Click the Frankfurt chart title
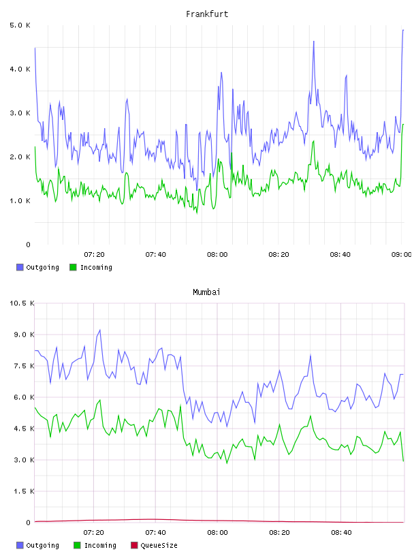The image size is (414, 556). (x=207, y=14)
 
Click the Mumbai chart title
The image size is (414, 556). (x=206, y=292)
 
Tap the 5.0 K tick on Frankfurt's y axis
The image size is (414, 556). (x=20, y=25)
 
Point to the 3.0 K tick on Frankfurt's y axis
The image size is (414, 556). (x=20, y=113)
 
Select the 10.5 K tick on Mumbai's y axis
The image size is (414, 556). (x=22, y=303)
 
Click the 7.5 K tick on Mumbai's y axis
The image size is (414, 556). (x=24, y=366)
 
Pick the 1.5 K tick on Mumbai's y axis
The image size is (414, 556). (x=24, y=491)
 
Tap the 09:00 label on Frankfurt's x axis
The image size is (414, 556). (x=401, y=255)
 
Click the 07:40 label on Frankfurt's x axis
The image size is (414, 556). (x=156, y=255)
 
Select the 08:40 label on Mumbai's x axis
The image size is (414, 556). (x=341, y=533)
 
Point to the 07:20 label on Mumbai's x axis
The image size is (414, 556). (x=93, y=533)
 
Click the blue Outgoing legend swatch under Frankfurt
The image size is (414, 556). (x=20, y=267)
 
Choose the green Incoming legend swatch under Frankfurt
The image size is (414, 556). (x=73, y=267)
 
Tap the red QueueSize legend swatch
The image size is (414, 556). (x=134, y=545)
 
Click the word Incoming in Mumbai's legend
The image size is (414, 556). (x=100, y=545)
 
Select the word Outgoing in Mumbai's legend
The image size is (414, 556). (x=42, y=545)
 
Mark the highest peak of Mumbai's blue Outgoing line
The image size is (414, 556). (x=100, y=330)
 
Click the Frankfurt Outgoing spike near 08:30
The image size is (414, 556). (x=314, y=42)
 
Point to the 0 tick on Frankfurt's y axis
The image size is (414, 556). (x=29, y=245)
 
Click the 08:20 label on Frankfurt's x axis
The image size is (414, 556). (x=278, y=255)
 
